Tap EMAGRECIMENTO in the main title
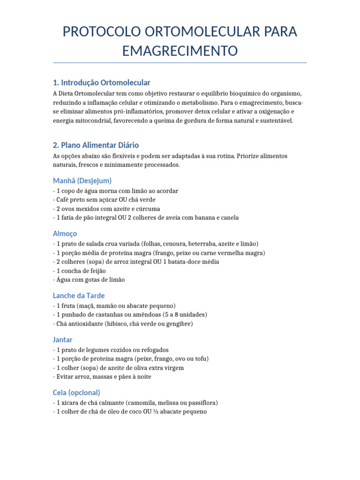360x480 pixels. (x=180, y=51)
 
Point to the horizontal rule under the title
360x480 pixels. (x=180, y=62)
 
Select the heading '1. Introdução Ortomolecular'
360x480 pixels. (x=102, y=82)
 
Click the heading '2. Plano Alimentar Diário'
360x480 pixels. (x=96, y=145)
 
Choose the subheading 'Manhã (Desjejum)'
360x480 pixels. (x=82, y=180)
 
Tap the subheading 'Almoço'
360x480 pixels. (x=65, y=233)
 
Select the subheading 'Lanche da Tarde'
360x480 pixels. (x=79, y=296)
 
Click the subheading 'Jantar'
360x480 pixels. (x=63, y=339)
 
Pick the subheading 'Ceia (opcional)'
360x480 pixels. (x=77, y=392)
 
